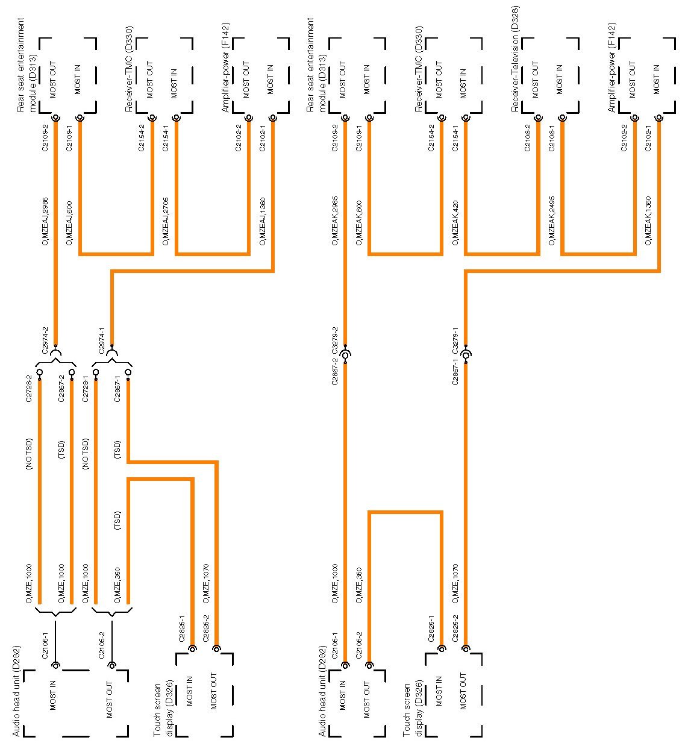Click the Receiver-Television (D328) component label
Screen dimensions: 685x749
515,58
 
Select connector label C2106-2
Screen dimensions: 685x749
528,138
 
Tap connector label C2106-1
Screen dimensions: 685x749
552,138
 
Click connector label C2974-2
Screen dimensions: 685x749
45,342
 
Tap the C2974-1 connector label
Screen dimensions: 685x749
101,342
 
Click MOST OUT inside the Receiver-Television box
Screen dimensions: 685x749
536,79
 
